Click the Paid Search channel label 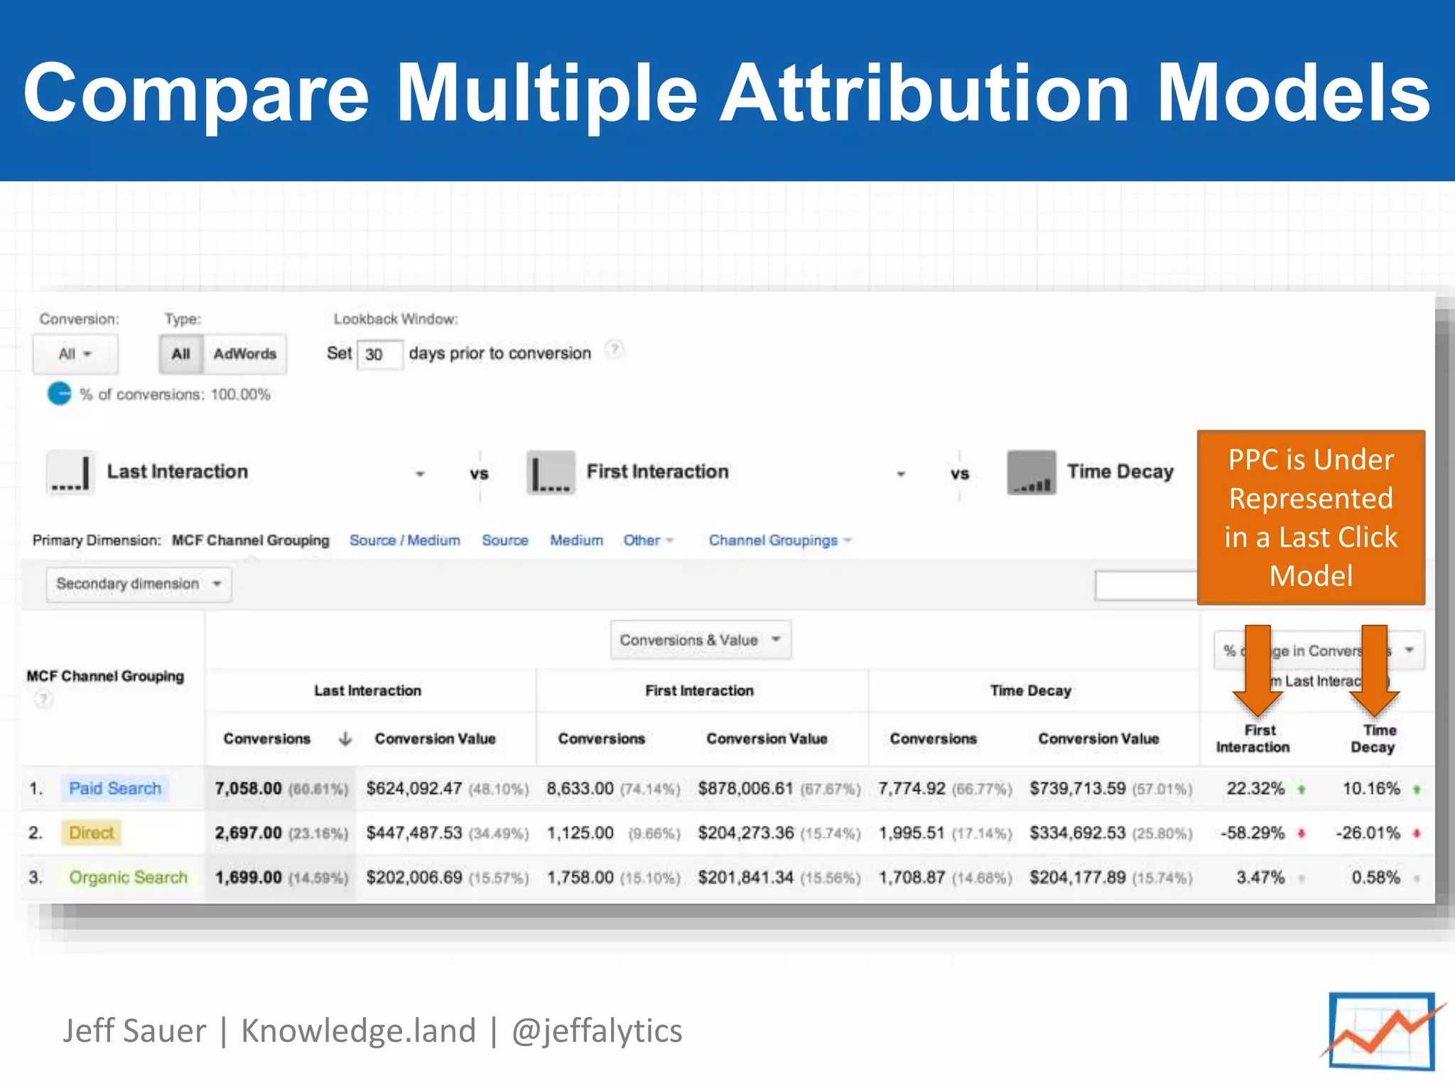click(x=115, y=788)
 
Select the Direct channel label click(x=92, y=832)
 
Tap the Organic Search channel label click(x=129, y=877)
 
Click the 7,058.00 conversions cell click(x=249, y=788)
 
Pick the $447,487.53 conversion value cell click(x=414, y=832)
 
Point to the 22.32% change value click(x=1255, y=788)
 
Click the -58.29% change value click(x=1253, y=832)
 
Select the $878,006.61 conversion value click(x=745, y=788)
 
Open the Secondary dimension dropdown click(x=139, y=584)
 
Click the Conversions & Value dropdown click(x=701, y=640)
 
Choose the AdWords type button click(x=244, y=354)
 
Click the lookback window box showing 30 click(x=379, y=354)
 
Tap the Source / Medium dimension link click(x=405, y=541)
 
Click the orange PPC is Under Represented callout click(x=1311, y=517)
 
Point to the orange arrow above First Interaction click(x=1257, y=671)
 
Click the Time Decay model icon click(x=1031, y=472)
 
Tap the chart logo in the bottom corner click(x=1382, y=1031)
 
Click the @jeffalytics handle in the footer click(x=597, y=1031)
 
